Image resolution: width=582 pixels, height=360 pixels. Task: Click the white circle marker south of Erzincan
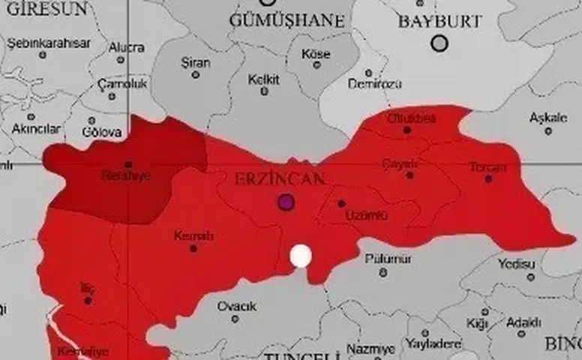(x=301, y=256)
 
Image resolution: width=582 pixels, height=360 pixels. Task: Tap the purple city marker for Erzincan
(x=285, y=201)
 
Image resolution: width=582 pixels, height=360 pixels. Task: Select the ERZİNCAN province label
(x=280, y=180)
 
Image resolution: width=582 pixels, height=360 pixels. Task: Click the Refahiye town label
(x=126, y=177)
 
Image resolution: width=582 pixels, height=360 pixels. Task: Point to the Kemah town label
(x=193, y=235)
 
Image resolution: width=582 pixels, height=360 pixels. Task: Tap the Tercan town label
(x=487, y=166)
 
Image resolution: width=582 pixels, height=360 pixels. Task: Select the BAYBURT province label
(x=439, y=22)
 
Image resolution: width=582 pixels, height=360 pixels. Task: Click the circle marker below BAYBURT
(x=439, y=43)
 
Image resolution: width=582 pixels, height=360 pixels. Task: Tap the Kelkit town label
(x=264, y=78)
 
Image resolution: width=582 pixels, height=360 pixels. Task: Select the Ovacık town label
(x=236, y=306)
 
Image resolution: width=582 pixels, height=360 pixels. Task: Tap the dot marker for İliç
(x=88, y=300)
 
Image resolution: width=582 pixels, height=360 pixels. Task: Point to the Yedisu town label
(x=516, y=264)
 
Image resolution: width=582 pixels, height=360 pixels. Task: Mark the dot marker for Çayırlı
(x=409, y=175)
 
